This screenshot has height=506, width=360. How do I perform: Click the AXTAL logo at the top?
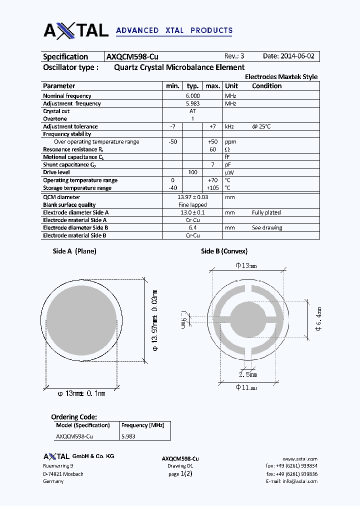(76, 30)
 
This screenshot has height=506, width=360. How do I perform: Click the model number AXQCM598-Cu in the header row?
(132, 56)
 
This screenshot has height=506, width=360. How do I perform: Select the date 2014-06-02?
(288, 56)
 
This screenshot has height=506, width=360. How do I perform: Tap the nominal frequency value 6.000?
(192, 95)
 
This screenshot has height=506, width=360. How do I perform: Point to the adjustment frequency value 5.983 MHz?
(192, 103)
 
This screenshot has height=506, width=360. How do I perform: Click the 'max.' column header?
(213, 86)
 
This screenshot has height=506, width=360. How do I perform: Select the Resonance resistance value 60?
(212, 149)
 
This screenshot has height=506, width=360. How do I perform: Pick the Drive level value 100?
(192, 172)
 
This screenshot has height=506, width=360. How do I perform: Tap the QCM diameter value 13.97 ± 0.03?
(193, 197)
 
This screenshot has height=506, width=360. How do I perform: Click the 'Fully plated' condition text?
(266, 212)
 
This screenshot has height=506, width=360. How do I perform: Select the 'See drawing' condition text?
(267, 228)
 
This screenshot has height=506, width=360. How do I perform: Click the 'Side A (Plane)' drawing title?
(74, 251)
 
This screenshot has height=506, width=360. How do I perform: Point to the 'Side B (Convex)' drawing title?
(224, 251)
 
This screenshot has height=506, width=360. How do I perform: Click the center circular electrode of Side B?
(247, 317)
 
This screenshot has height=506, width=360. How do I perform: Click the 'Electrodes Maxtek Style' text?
(281, 77)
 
